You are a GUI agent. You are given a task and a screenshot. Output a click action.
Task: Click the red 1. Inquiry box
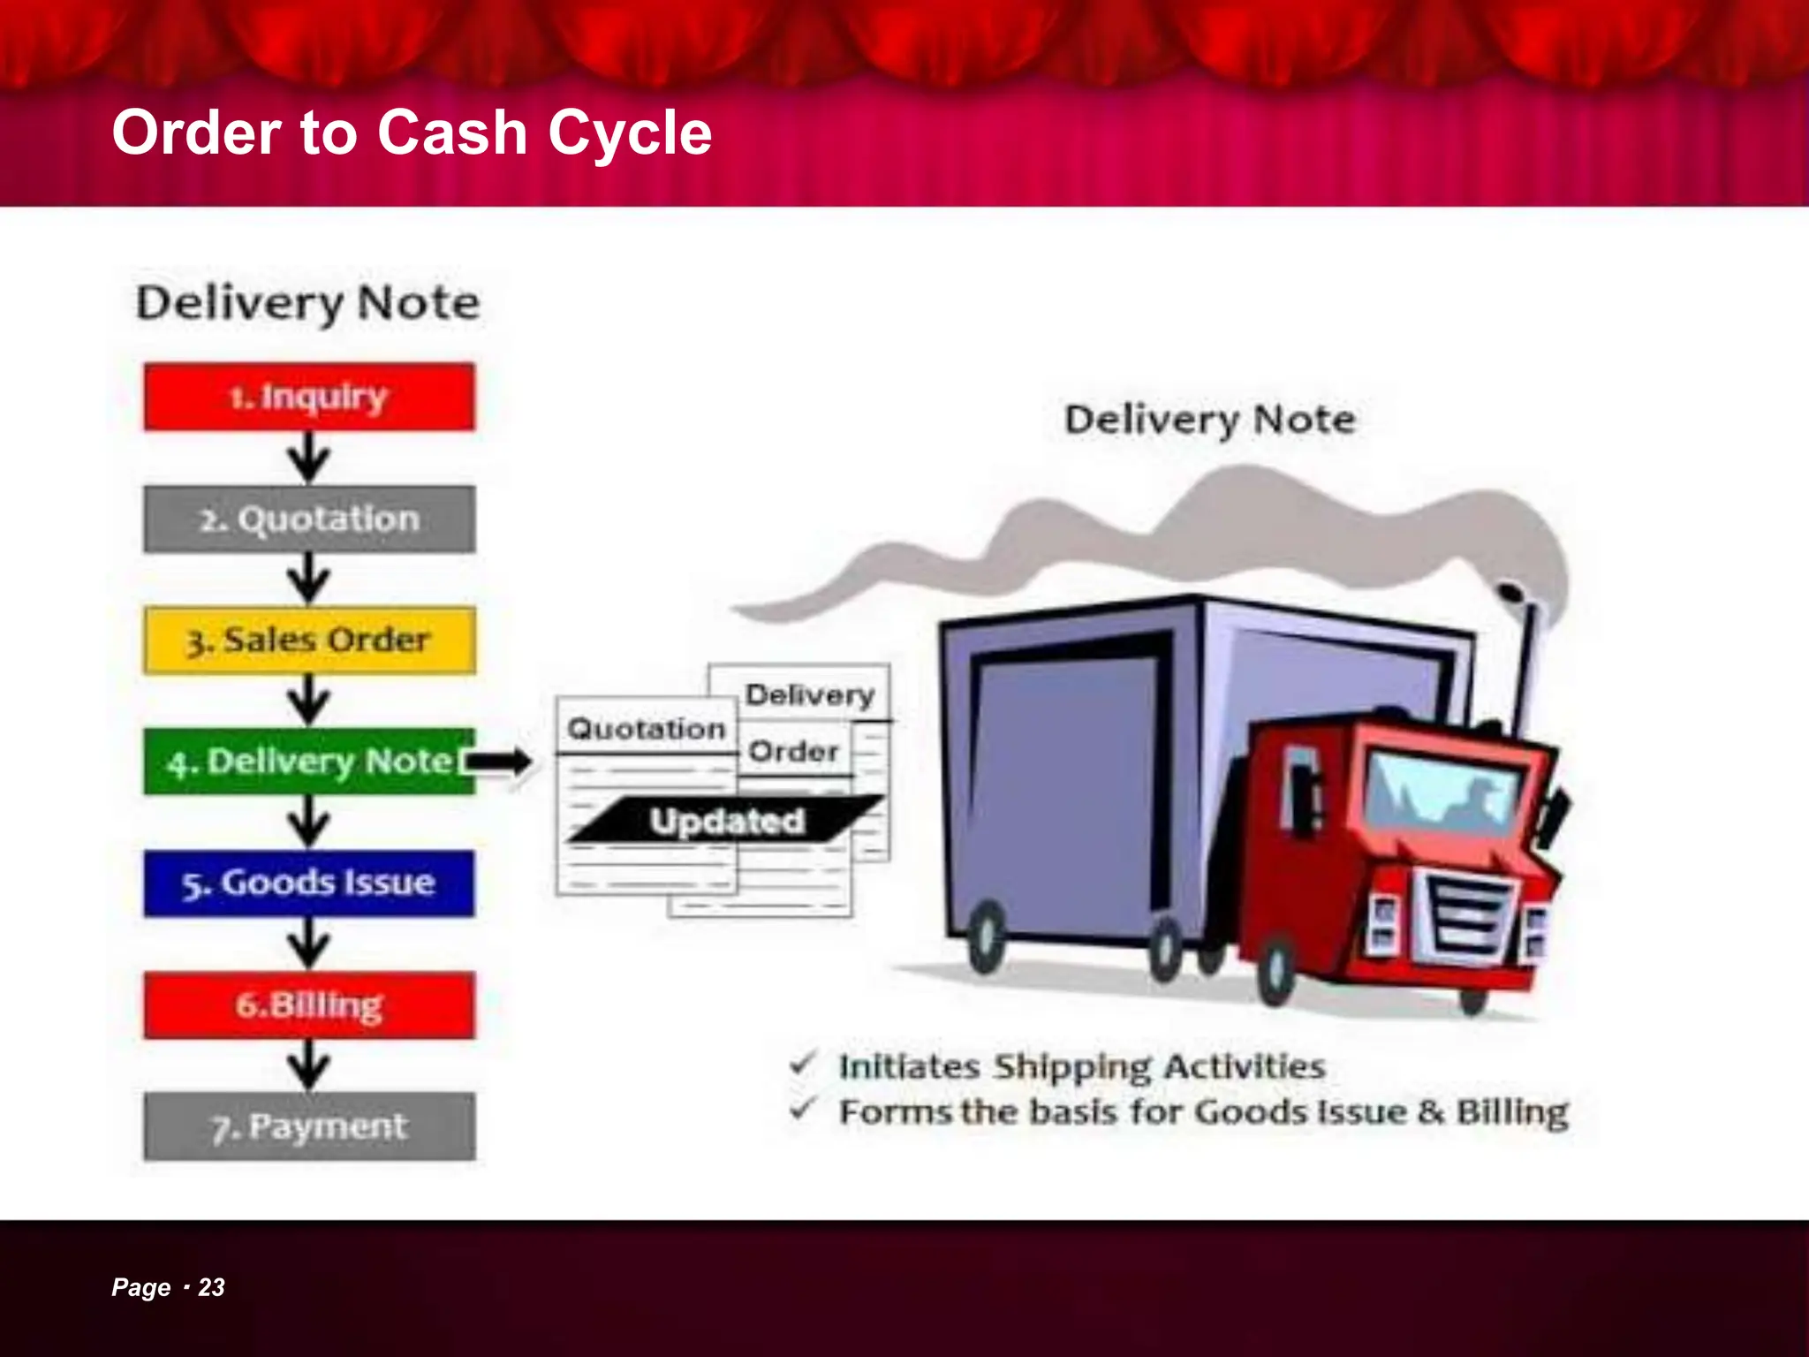coord(309,397)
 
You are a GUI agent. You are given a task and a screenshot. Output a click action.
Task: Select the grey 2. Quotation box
coord(309,519)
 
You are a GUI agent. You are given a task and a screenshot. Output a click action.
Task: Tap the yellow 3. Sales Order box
coord(309,641)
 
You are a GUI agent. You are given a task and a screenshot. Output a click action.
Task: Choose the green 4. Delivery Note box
coord(309,762)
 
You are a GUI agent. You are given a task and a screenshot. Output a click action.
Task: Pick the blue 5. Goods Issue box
coord(309,883)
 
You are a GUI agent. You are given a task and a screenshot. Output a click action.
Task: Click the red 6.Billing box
coord(309,1005)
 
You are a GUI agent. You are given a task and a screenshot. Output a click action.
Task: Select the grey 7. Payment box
coord(309,1126)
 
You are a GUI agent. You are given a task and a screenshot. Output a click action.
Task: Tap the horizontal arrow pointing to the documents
coord(499,761)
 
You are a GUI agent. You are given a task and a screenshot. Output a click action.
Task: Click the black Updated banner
coord(726,821)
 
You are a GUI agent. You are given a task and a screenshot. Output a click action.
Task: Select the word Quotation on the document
coord(647,729)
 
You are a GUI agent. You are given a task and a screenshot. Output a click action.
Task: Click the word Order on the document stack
coord(793,752)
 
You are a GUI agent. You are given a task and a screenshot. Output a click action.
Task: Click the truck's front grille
coord(1465,914)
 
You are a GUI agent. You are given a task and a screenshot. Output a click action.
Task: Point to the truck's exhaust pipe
coord(1526,654)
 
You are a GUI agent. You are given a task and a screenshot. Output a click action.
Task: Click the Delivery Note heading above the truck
coord(1209,420)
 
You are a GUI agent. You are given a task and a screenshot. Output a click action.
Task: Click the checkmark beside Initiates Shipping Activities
coord(802,1064)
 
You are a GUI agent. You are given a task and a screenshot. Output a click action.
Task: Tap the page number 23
coord(211,1287)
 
